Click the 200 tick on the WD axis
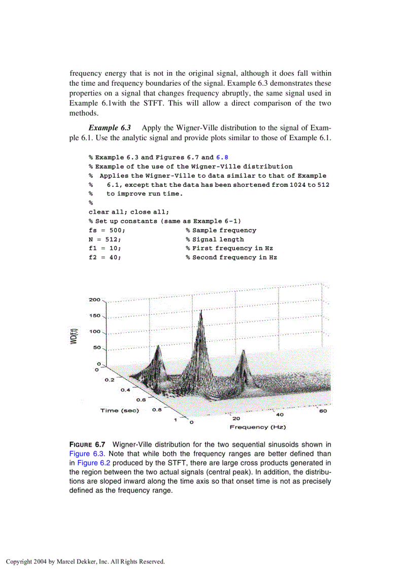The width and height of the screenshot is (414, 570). [x=94, y=299]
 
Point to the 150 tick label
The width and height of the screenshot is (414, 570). [x=94, y=316]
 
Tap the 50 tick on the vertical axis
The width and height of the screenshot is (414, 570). [x=96, y=348]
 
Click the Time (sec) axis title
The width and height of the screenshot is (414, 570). [x=119, y=411]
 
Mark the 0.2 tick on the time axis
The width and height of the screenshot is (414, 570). [x=110, y=380]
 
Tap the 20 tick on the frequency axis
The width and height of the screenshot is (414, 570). [x=236, y=419]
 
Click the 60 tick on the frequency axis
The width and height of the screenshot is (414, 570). [x=323, y=411]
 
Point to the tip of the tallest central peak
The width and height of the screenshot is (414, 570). [x=201, y=311]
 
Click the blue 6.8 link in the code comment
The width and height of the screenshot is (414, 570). [x=222, y=157]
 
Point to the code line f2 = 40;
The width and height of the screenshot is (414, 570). [x=105, y=258]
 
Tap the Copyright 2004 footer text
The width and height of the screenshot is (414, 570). [x=85, y=562]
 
